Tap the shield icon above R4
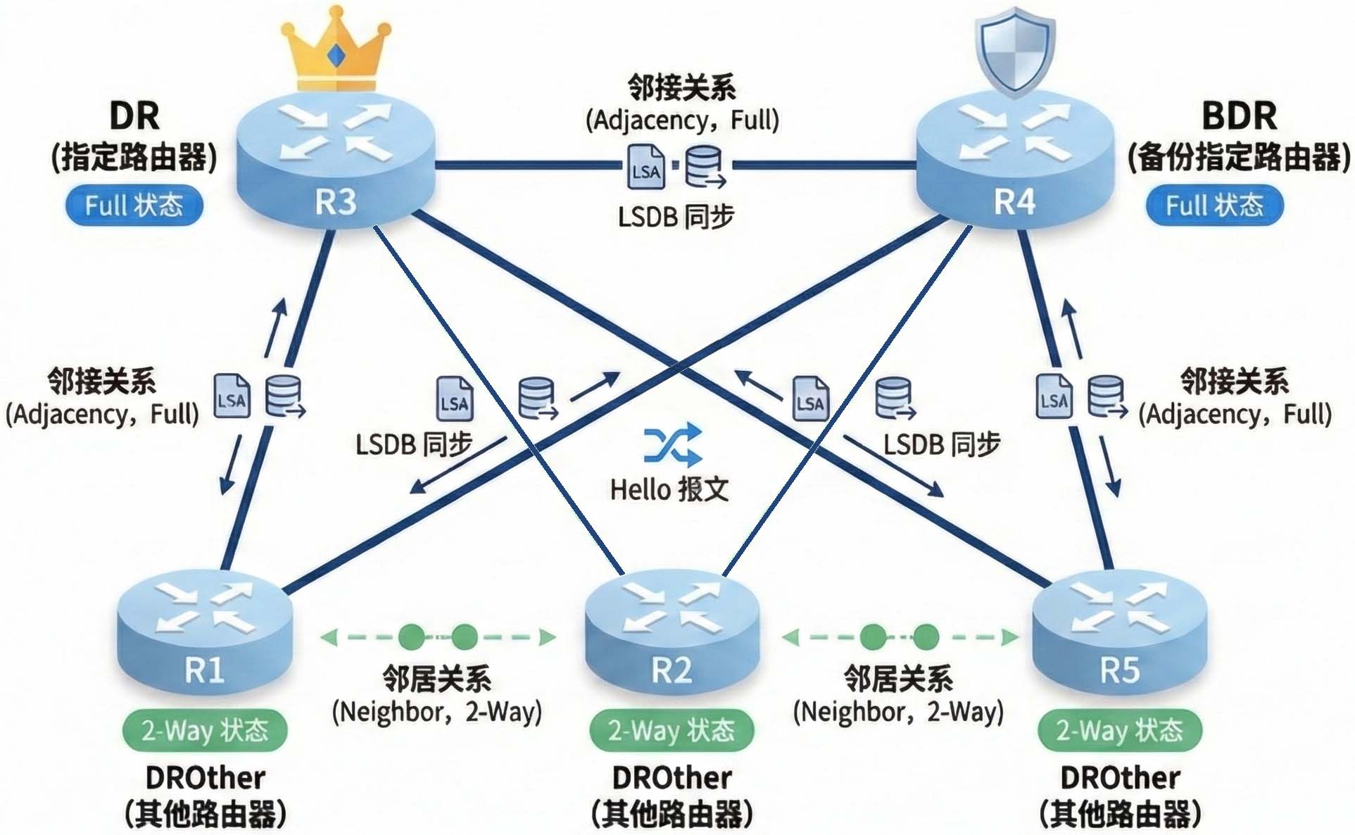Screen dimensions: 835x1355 pos(1014,49)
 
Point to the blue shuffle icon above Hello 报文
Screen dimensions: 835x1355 pos(673,445)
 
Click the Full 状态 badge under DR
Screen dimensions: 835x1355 pos(134,206)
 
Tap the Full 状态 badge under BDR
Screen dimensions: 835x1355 pos(1214,206)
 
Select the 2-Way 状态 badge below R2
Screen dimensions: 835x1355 pos(672,730)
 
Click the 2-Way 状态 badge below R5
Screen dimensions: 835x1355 pos(1119,730)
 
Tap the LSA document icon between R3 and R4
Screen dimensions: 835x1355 pos(645,167)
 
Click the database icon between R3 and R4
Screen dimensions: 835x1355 pos(705,167)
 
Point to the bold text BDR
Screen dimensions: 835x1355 pos(1239,116)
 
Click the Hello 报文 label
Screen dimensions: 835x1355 pos(669,489)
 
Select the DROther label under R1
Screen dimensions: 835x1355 pos(205,778)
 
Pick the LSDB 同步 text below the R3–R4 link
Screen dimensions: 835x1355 pos(676,217)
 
